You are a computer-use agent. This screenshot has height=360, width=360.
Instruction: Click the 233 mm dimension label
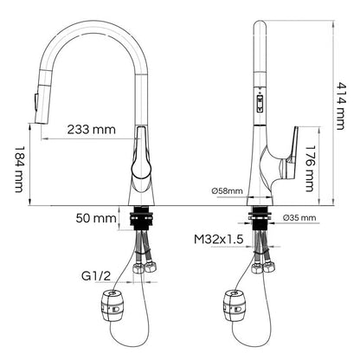91,130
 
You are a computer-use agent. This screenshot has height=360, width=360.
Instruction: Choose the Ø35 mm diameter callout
299,218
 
